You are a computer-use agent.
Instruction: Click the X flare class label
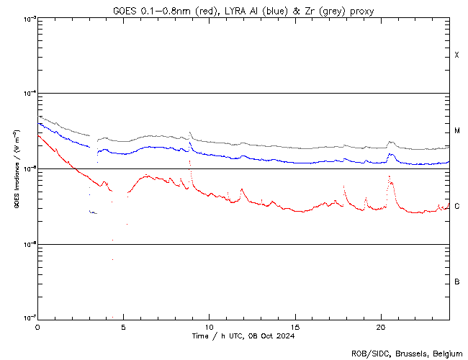click(456, 55)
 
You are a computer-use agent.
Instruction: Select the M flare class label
click(457, 131)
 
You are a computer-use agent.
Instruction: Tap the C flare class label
click(456, 206)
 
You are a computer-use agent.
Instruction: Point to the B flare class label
click(456, 282)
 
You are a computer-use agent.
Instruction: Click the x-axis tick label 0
click(37, 327)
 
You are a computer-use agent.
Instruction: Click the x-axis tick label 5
click(123, 327)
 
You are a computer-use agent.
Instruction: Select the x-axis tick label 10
click(209, 327)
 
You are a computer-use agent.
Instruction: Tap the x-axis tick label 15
click(294, 327)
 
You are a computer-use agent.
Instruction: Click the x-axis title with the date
click(243, 336)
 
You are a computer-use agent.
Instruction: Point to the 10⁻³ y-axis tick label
click(27, 19)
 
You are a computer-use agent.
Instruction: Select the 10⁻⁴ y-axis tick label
click(27, 94)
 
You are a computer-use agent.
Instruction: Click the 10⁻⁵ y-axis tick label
click(27, 169)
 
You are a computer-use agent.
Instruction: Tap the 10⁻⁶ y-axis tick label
click(27, 244)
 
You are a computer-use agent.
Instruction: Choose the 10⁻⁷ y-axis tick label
click(27, 318)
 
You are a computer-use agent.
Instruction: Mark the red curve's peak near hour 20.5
click(390, 176)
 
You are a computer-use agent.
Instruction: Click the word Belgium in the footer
click(448, 353)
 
